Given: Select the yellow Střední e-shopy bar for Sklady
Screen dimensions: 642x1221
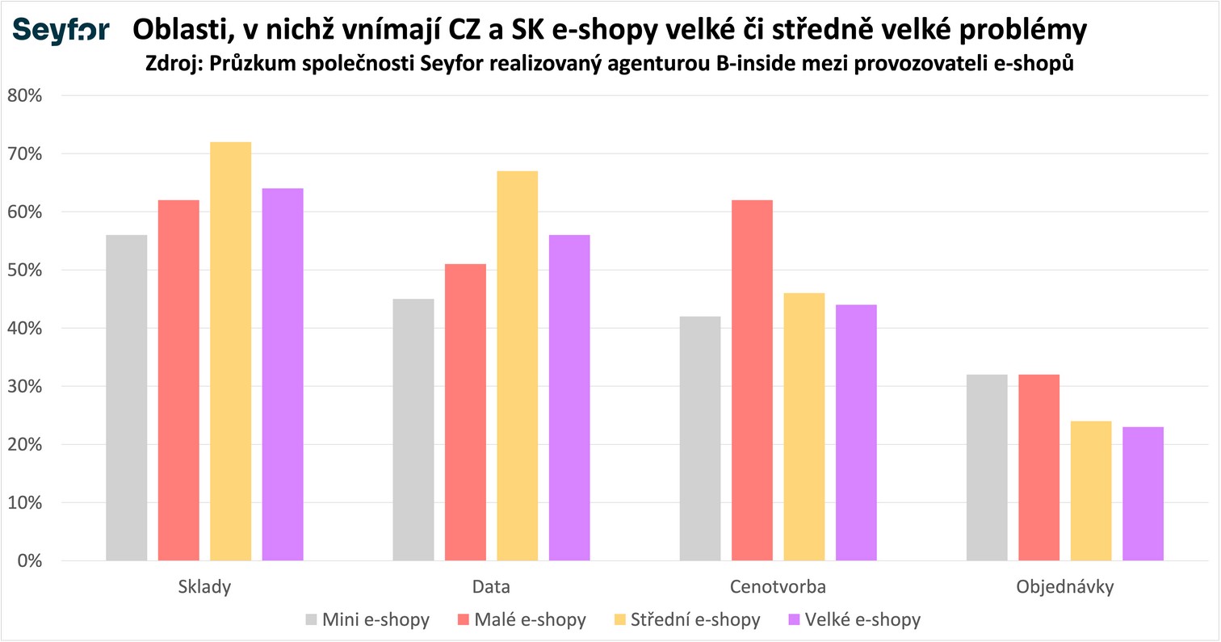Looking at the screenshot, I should coord(231,351).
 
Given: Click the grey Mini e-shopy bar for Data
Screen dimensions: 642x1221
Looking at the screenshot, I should coord(413,430).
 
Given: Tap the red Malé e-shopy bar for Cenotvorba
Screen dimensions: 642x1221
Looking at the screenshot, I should coord(753,380).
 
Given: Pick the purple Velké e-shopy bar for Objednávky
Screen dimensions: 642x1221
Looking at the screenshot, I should coord(1143,493).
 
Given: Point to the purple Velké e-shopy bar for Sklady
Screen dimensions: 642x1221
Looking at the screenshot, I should coord(283,374).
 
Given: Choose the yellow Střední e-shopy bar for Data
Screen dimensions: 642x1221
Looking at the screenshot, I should coord(518,365).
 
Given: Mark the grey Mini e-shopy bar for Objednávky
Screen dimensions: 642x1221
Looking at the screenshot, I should coord(987,468).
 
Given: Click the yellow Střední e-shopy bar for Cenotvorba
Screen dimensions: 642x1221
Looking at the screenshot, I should coord(804,426).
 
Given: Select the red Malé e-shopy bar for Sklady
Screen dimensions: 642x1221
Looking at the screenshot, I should coord(178,380).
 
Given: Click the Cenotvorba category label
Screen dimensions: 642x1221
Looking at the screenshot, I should coord(778,587).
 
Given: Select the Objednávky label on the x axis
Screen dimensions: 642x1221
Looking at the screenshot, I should coord(1065,587).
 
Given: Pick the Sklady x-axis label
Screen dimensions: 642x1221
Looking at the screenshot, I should coord(204,587).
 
